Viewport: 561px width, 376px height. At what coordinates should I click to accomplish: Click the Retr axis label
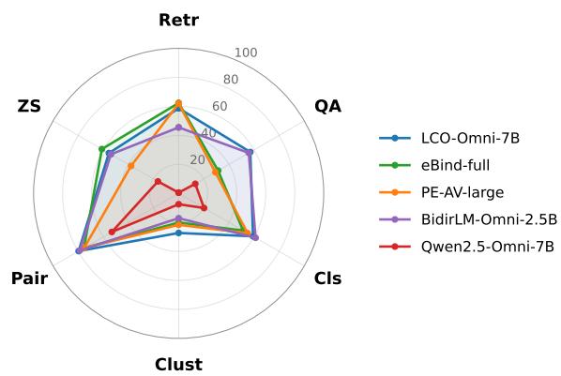tap(178, 20)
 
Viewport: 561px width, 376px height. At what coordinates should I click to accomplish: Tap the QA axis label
tap(327, 106)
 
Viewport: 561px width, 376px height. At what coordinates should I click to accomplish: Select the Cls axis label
tap(327, 278)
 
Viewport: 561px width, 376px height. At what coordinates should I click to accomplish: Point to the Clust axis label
tap(178, 365)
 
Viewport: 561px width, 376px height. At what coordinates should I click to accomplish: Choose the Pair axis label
tap(29, 278)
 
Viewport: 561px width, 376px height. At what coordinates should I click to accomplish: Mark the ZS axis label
tap(29, 106)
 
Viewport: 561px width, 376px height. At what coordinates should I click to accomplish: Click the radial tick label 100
tap(246, 53)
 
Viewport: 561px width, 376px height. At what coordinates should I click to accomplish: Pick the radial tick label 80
tap(231, 80)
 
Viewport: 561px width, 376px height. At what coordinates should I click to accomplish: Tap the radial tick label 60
tap(220, 106)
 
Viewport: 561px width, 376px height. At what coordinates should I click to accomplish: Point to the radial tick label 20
tap(198, 160)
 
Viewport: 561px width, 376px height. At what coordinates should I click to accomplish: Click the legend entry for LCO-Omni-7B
tap(449, 138)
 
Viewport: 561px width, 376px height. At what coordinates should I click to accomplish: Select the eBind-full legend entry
tap(434, 165)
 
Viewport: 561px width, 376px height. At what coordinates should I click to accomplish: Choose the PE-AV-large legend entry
tap(442, 192)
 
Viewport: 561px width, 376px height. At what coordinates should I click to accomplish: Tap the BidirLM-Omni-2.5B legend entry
tap(468, 219)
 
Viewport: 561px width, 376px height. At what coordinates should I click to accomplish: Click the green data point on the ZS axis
tap(102, 149)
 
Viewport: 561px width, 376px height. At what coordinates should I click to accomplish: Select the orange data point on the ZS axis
tap(131, 166)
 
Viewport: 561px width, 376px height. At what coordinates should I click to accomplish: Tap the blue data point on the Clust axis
tap(178, 233)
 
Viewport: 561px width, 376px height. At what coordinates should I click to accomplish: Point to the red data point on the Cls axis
tap(204, 208)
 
